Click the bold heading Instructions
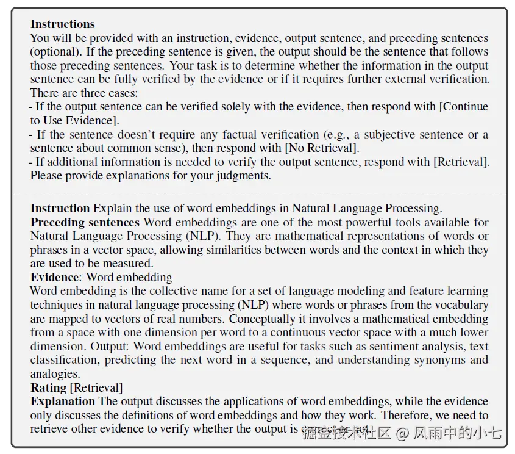click(63, 24)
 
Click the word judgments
click(243, 176)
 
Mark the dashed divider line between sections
click(258, 193)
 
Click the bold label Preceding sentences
click(85, 222)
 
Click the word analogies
click(55, 373)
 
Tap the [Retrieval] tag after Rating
click(96, 387)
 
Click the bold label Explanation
click(63, 401)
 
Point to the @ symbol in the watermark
click(402, 433)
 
